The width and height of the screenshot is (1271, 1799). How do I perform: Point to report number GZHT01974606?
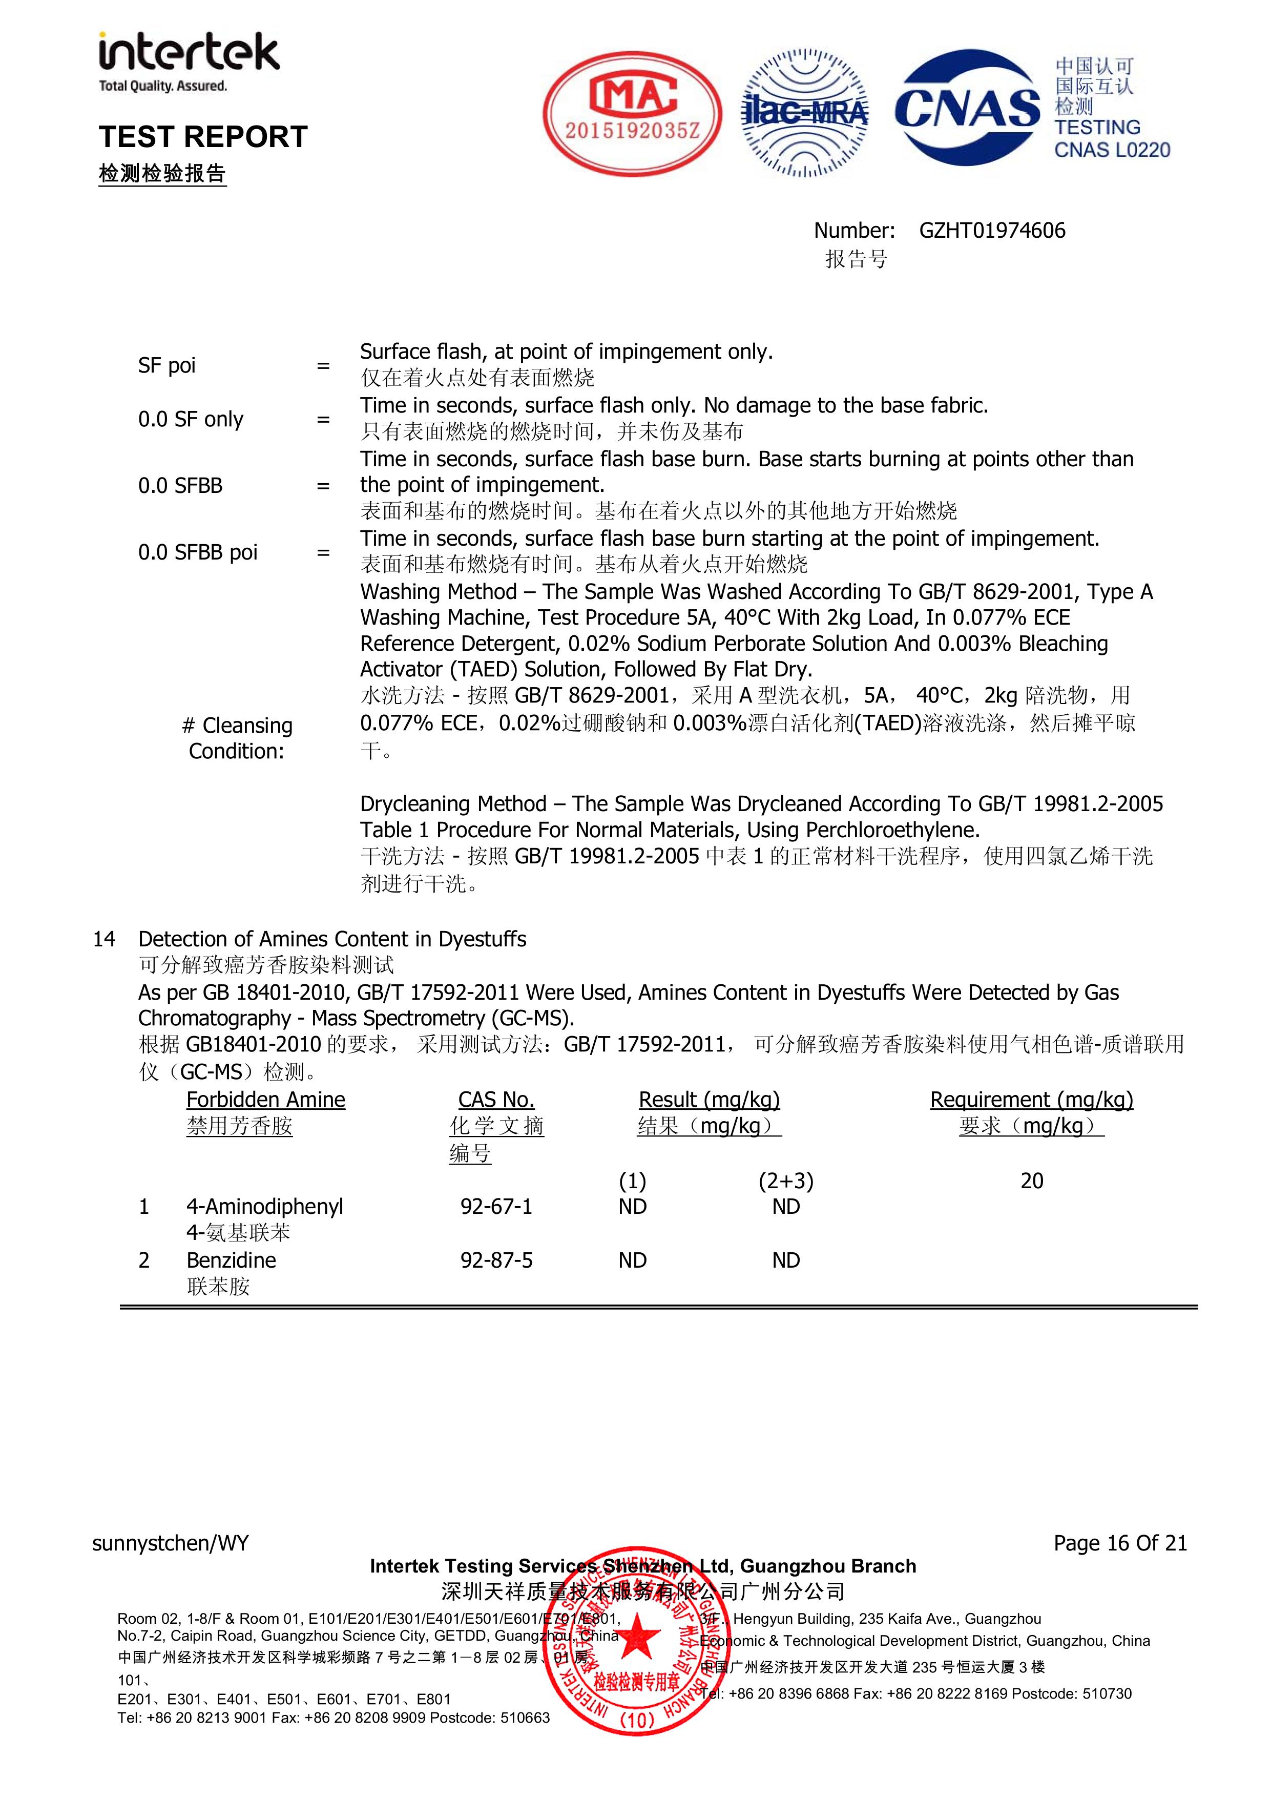[992, 231]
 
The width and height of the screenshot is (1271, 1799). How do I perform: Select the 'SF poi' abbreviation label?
[167, 365]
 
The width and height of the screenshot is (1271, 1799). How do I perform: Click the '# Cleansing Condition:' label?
[237, 738]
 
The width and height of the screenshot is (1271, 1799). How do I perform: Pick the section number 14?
[104, 939]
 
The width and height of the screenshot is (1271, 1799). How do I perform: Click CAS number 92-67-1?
[496, 1207]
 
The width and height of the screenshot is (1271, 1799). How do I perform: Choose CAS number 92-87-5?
[496, 1260]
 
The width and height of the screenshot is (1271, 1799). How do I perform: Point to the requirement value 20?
[1031, 1181]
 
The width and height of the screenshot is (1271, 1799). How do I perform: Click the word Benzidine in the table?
[231, 1260]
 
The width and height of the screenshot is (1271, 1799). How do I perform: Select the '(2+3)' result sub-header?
[786, 1181]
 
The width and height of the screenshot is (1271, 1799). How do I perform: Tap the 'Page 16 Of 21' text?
[1120, 1543]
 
